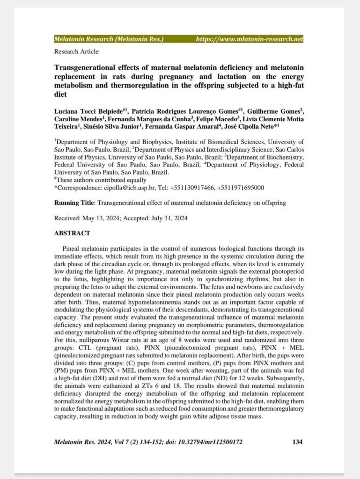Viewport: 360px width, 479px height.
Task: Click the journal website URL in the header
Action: (x=249, y=39)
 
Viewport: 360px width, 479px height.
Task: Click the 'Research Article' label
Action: (x=76, y=51)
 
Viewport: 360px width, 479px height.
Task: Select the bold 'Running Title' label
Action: (x=74, y=203)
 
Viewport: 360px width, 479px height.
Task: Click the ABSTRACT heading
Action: (x=72, y=233)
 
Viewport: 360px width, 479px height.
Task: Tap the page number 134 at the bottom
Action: (x=297, y=442)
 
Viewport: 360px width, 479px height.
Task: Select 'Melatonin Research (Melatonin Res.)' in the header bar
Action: (x=109, y=39)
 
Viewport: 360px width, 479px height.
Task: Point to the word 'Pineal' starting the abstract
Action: (x=71, y=248)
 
